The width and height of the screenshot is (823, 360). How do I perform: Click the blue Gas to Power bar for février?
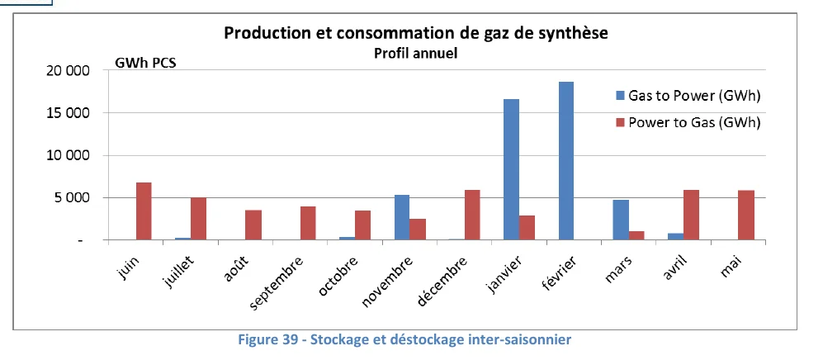(566, 161)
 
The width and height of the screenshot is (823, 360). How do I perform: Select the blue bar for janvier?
(511, 169)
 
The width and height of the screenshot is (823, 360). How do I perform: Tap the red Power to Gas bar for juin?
(144, 211)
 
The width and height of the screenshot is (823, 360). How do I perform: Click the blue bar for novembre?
(402, 217)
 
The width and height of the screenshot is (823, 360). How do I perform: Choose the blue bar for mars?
(621, 220)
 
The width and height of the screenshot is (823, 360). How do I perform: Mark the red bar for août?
(253, 225)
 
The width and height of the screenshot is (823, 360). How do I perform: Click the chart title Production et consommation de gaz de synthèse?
(421, 34)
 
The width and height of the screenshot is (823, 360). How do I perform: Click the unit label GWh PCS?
(145, 63)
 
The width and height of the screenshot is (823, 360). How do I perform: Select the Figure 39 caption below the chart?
(412, 339)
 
